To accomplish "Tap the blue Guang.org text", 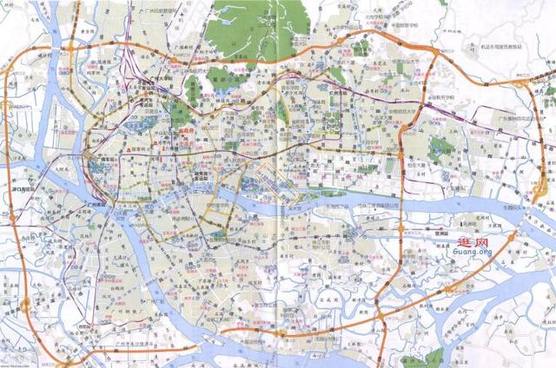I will click(470, 253).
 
